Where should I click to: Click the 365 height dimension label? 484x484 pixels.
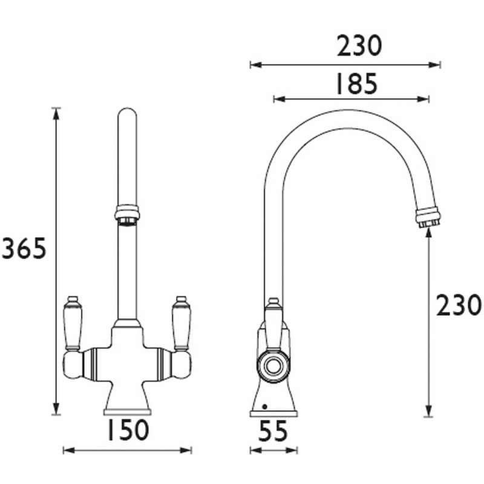point(24,249)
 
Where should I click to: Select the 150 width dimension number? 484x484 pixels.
point(127,430)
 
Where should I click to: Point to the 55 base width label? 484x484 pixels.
point(273,432)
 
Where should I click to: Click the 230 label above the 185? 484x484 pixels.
point(359,47)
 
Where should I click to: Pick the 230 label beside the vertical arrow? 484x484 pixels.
point(459,306)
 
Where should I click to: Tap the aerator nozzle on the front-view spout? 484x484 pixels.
point(127,214)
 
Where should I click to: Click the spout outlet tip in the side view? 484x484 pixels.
point(428,218)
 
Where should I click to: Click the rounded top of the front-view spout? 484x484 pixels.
point(127,114)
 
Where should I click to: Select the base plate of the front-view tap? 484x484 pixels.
point(127,412)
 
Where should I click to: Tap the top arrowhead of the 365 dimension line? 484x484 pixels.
point(56,111)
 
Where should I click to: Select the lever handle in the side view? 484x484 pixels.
point(273,321)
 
